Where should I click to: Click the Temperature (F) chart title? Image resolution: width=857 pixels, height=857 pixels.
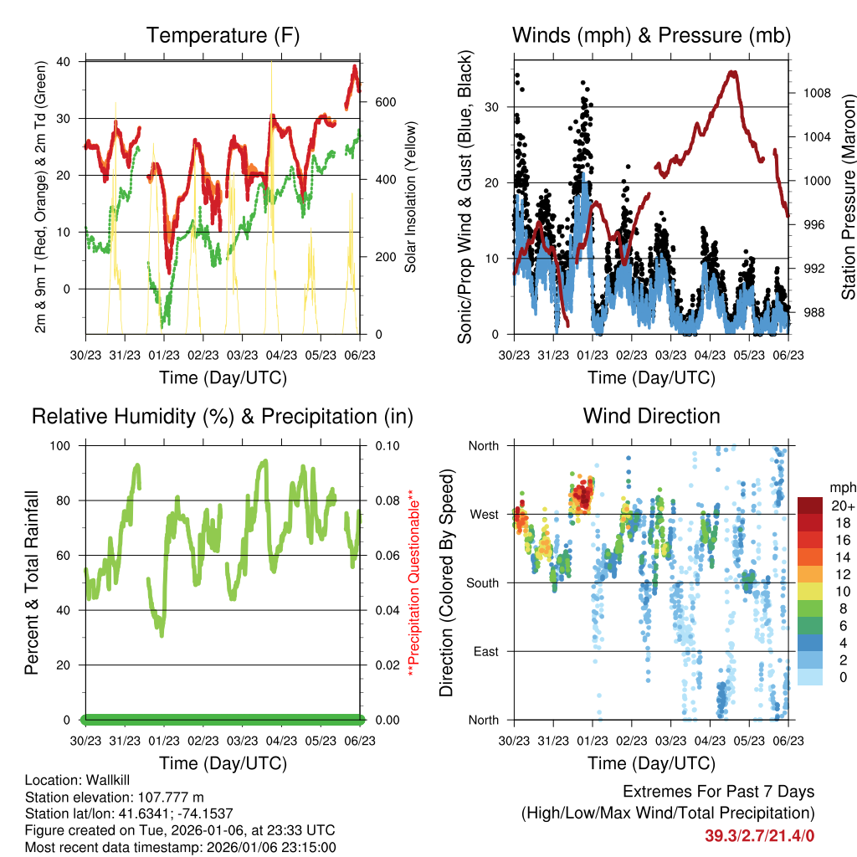[223, 35]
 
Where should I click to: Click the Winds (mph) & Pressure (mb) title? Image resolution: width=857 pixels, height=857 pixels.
[651, 35]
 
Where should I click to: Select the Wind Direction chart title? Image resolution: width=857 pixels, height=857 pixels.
[651, 415]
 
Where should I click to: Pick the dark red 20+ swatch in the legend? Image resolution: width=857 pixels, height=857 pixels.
[809, 505]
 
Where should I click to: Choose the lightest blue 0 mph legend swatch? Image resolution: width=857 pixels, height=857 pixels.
[809, 677]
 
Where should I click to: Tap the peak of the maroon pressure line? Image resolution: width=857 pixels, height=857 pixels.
[733, 73]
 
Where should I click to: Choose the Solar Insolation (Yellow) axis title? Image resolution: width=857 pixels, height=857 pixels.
[411, 198]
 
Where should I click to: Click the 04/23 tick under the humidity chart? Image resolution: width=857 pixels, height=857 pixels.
[282, 740]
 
